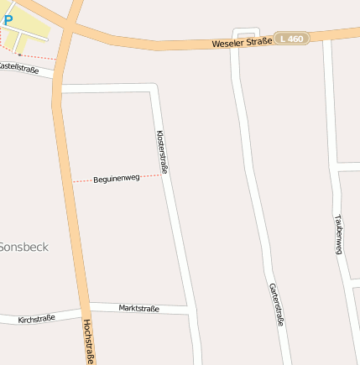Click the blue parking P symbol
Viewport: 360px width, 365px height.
pyautogui.click(x=8, y=18)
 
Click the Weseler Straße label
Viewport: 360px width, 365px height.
pyautogui.click(x=242, y=43)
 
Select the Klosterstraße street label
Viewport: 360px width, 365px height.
pyautogui.click(x=163, y=153)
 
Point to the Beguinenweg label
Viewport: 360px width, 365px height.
pyautogui.click(x=116, y=179)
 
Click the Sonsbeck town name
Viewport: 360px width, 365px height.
pyautogui.click(x=23, y=247)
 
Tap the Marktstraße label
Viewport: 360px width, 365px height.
pyautogui.click(x=138, y=309)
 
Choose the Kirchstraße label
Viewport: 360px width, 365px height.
pyautogui.click(x=36, y=319)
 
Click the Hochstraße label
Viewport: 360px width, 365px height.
pyautogui.click(x=88, y=341)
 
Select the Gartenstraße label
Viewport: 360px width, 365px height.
pyautogui.click(x=277, y=305)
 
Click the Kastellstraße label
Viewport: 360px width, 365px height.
pyautogui.click(x=18, y=67)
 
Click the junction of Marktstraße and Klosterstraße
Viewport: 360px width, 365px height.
pyautogui.click(x=190, y=310)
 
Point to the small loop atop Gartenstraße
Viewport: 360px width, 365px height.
pyautogui.click(x=245, y=36)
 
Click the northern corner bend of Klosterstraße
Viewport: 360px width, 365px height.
pyautogui.click(x=154, y=87)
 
